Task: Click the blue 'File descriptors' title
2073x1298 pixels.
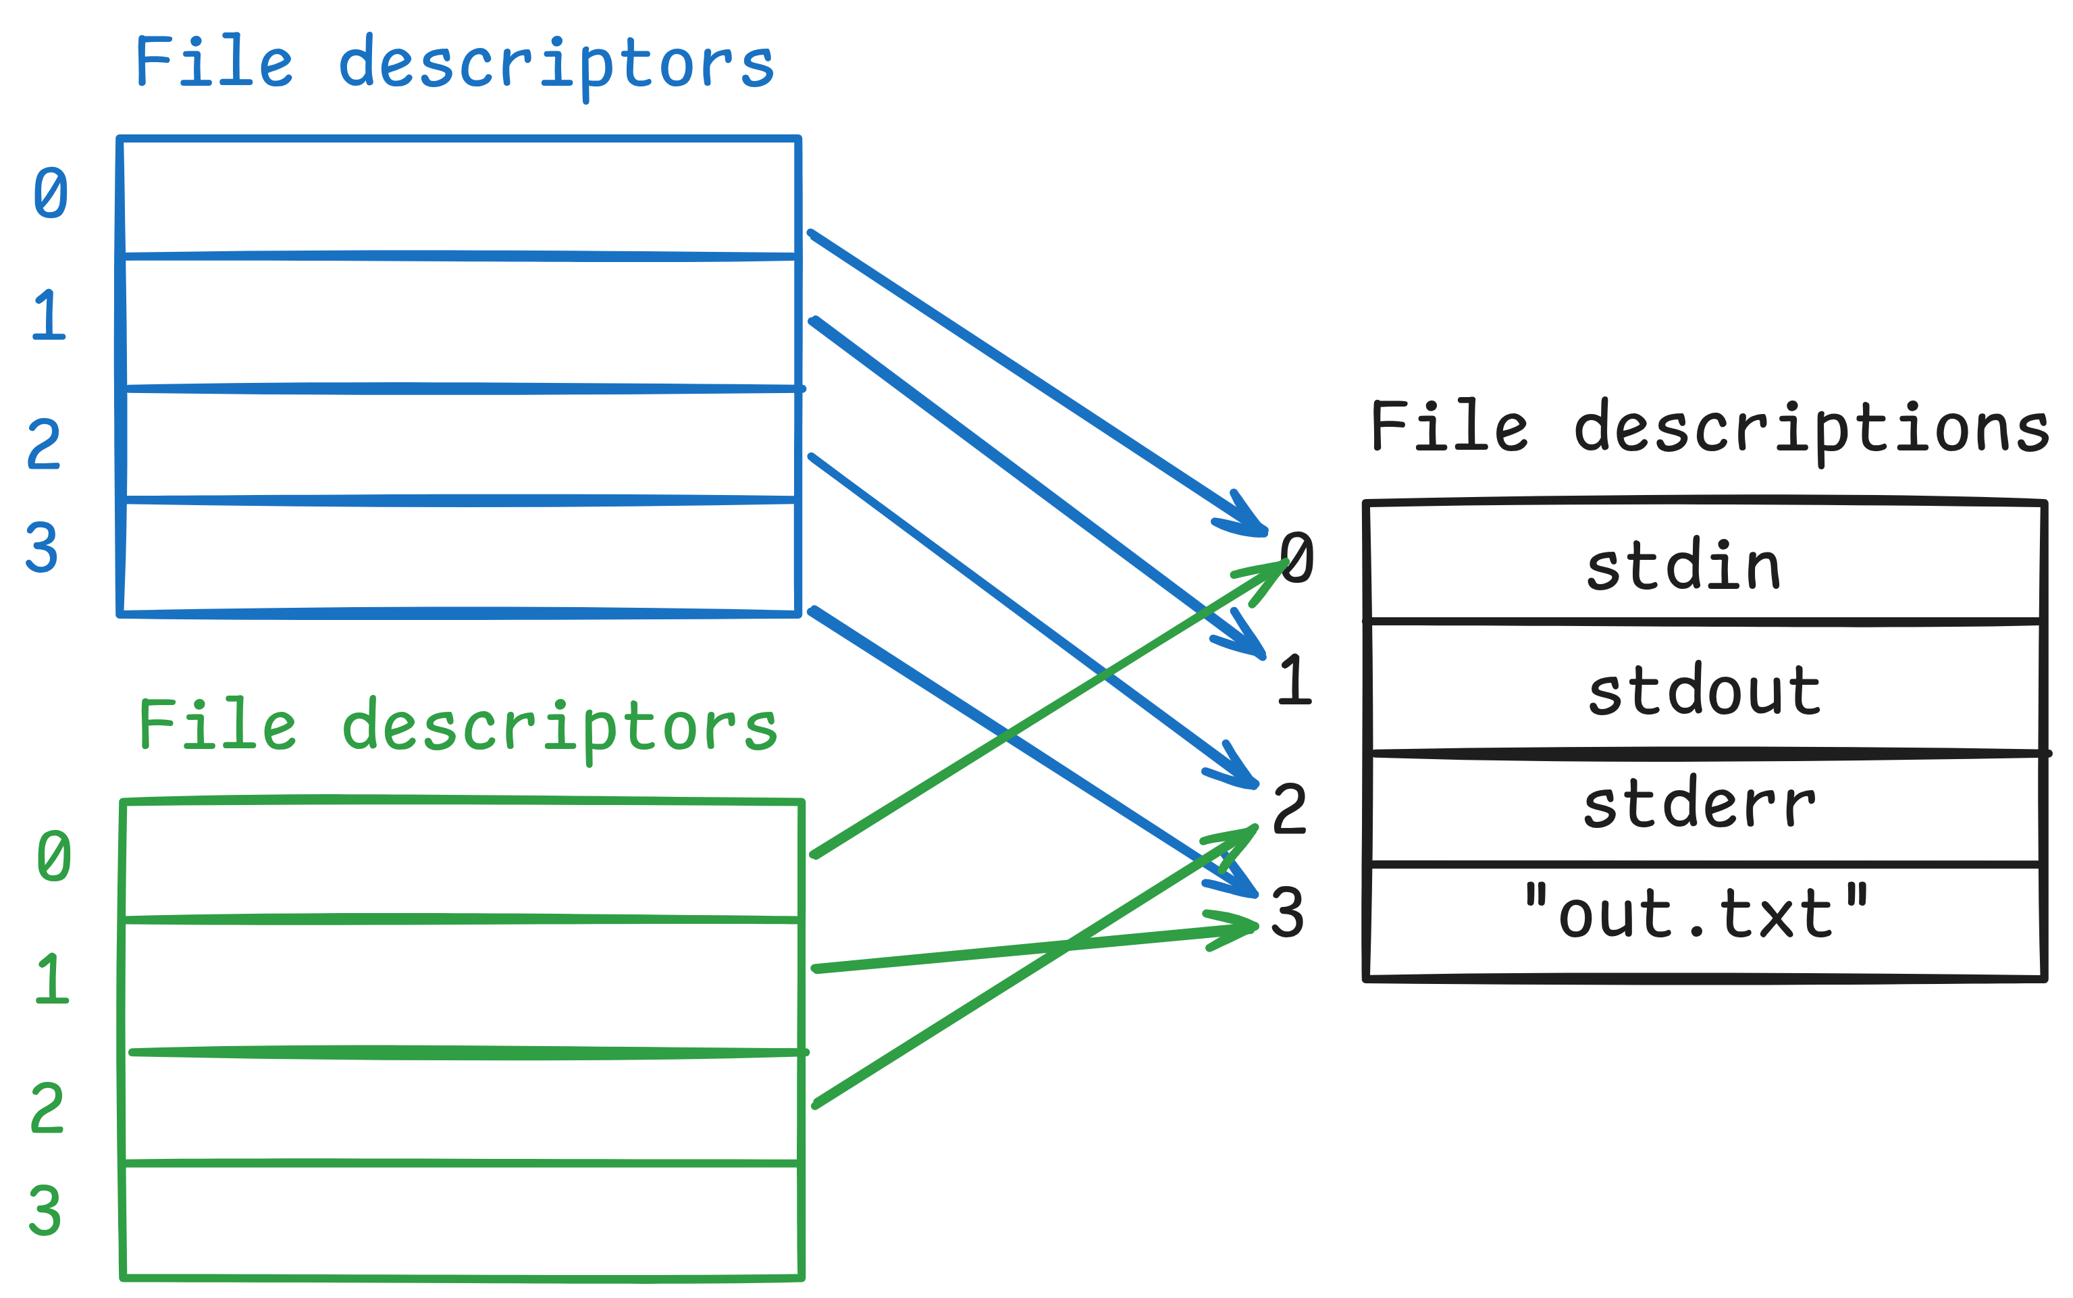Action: point(455,63)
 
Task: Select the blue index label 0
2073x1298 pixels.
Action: point(51,193)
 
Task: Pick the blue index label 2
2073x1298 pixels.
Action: point(44,444)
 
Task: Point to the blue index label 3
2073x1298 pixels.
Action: point(41,547)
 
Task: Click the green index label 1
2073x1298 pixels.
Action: point(51,979)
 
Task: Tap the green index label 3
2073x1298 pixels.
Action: point(45,1210)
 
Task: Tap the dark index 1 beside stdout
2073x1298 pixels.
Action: point(1294,680)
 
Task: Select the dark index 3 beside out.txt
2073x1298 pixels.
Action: point(1288,912)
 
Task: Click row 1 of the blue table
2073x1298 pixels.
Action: point(460,322)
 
